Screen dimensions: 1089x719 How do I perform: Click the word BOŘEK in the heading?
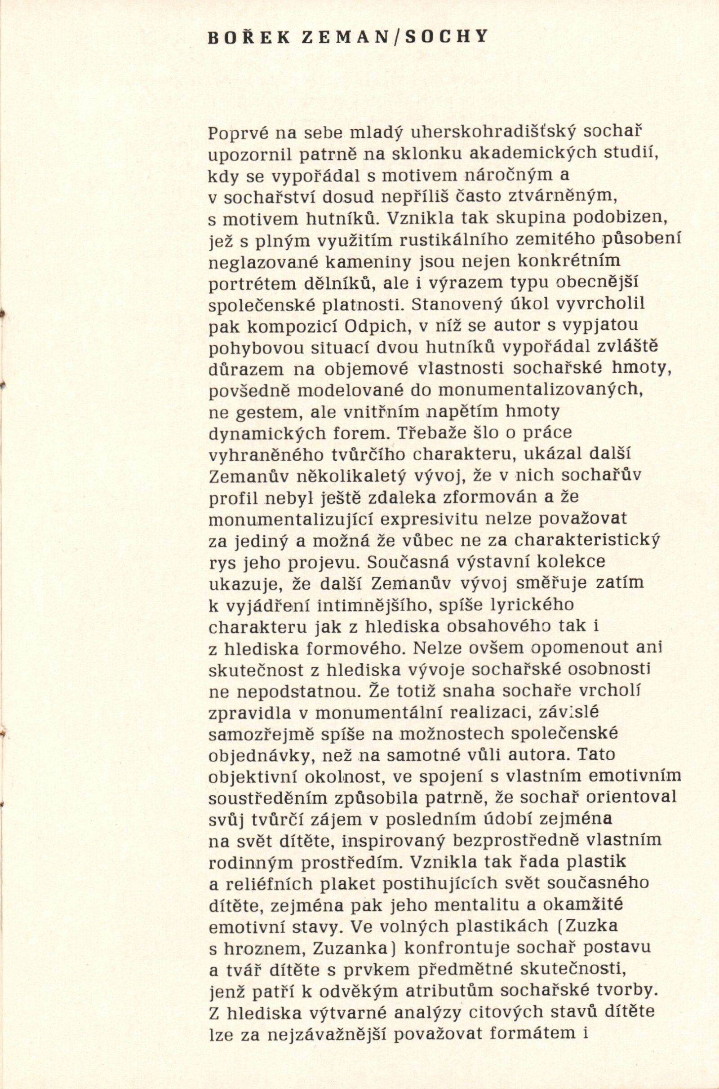coord(249,38)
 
